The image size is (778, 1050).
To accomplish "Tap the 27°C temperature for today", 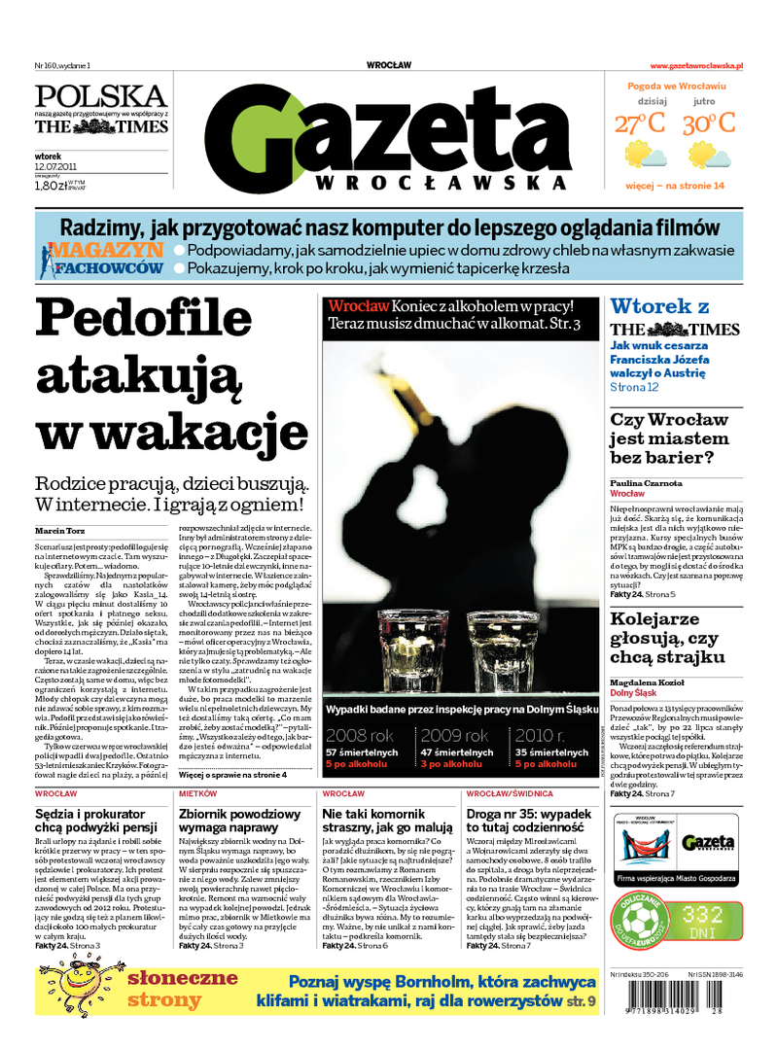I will tap(639, 123).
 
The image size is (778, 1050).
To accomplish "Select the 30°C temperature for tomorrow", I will tap(708, 123).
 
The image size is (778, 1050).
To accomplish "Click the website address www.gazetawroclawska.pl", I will tap(696, 65).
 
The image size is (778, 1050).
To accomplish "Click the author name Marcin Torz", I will tap(58, 530).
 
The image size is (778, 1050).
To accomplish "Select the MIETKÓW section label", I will tap(198, 794).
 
